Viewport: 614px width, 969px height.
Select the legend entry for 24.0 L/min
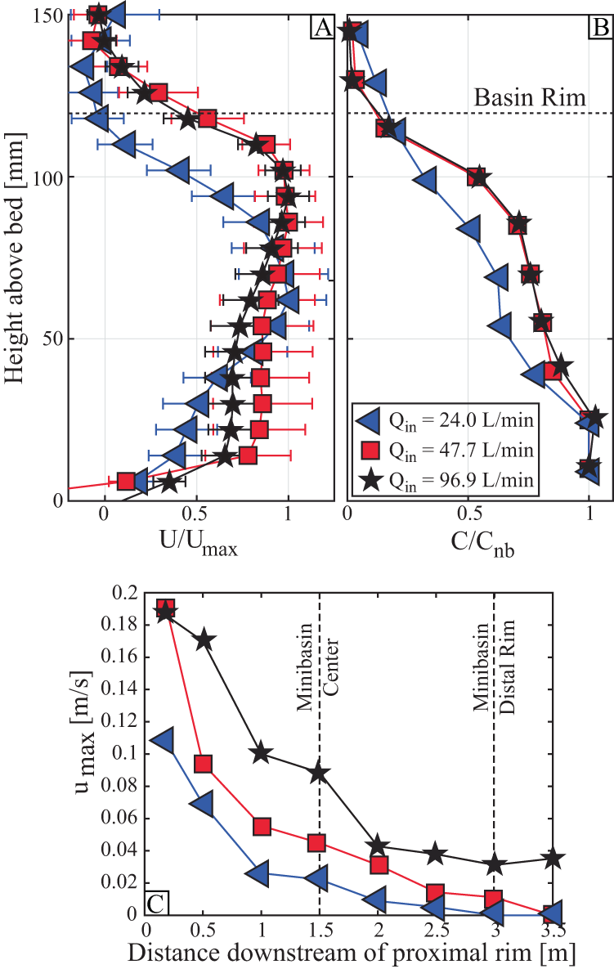(x=446, y=421)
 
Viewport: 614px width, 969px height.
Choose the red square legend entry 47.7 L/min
(x=446, y=451)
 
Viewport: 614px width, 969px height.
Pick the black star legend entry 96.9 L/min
(x=446, y=481)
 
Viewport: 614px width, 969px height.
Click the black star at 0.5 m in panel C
(x=204, y=639)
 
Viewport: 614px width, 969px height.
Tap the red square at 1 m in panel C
(x=262, y=827)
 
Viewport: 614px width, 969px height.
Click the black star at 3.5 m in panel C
(x=553, y=859)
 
